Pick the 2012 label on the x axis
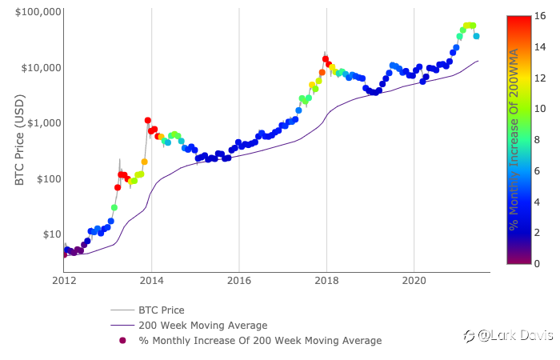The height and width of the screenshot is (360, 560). click(64, 281)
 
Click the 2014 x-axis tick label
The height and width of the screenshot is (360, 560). click(151, 281)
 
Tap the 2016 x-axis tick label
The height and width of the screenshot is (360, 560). click(238, 281)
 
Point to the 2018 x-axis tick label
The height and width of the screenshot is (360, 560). click(326, 281)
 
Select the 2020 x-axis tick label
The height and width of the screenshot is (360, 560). click(414, 281)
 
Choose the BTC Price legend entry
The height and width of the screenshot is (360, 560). click(162, 310)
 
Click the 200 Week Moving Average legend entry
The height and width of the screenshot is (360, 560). click(202, 326)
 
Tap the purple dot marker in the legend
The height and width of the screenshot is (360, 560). click(122, 341)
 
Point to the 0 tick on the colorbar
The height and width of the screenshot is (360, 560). click(535, 263)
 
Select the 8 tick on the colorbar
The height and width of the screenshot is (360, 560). click(535, 139)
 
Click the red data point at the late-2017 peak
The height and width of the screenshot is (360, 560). click(326, 59)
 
